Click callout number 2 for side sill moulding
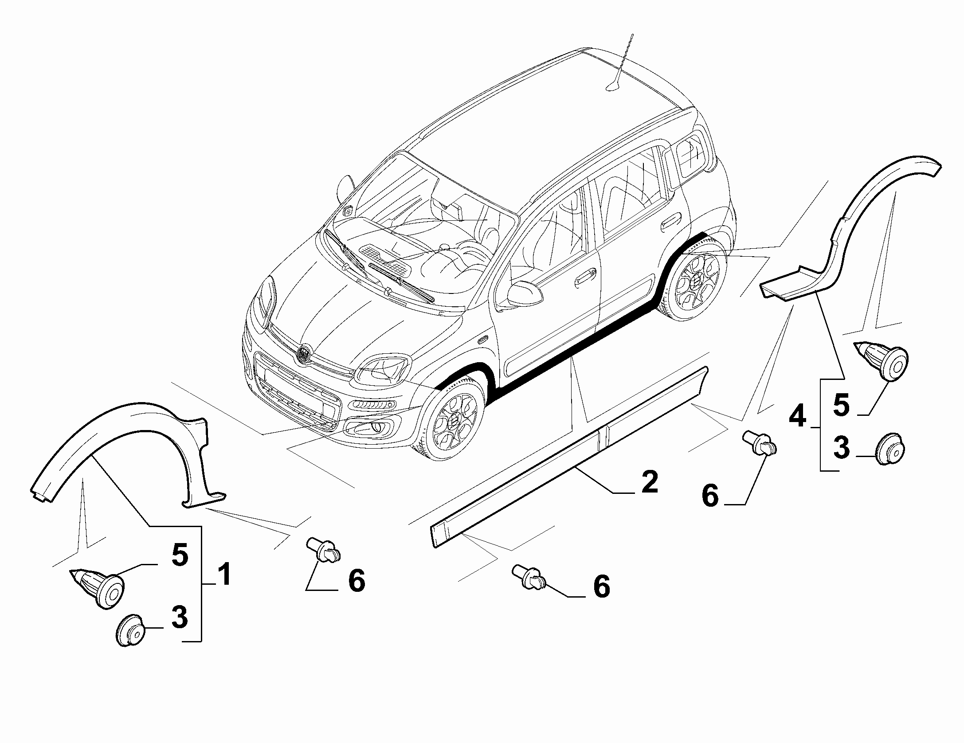point(649,482)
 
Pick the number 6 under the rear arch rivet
point(709,495)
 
